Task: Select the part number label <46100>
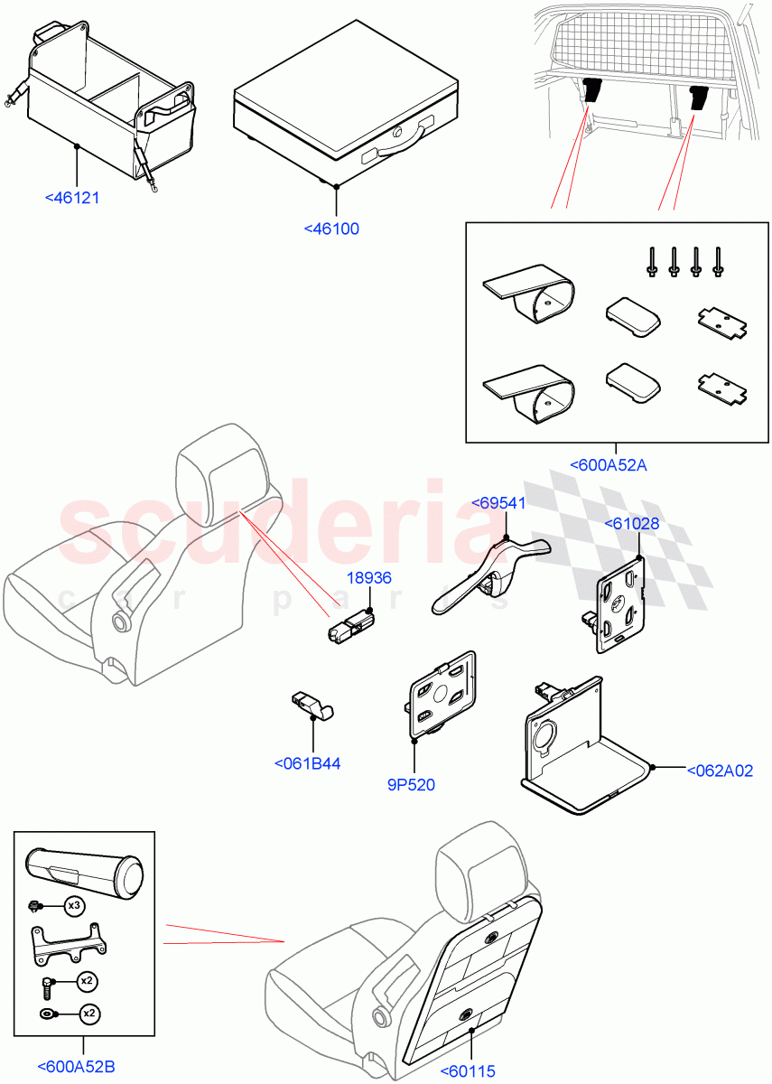[331, 229]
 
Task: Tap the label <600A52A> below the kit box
[609, 465]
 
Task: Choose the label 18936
[369, 578]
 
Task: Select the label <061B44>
[307, 763]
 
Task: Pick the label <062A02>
[719, 771]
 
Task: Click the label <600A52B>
[76, 1067]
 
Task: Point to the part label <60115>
[468, 1071]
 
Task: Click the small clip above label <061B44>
[311, 705]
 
